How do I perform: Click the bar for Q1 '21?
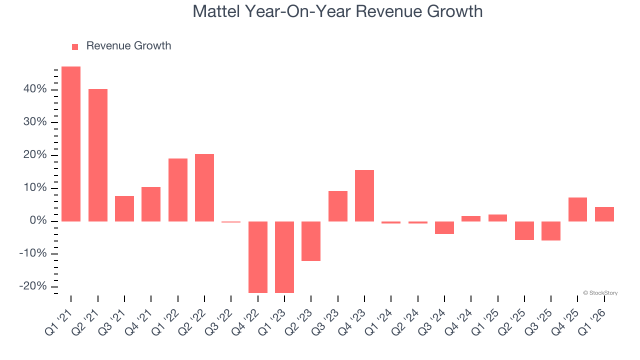click(x=71, y=144)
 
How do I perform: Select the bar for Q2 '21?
click(x=98, y=155)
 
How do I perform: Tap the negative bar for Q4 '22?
click(x=258, y=257)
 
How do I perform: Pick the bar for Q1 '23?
click(x=284, y=257)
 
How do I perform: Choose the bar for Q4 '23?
click(x=364, y=195)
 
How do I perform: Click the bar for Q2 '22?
click(x=204, y=187)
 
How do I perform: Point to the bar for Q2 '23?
click(x=311, y=241)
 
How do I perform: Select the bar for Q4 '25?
click(x=577, y=209)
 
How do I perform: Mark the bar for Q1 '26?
click(x=604, y=214)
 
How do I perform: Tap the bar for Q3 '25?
click(x=551, y=231)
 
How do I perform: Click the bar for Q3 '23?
click(x=338, y=206)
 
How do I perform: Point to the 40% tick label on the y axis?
click(x=34, y=89)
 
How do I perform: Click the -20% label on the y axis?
click(x=32, y=286)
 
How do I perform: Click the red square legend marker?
click(x=75, y=46)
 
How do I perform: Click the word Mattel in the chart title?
click(x=215, y=11)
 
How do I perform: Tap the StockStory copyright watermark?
click(x=600, y=293)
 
